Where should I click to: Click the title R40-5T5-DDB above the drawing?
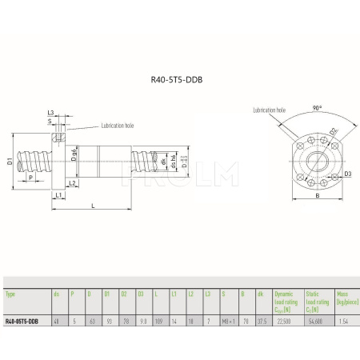[x=179, y=80]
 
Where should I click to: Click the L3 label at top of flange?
[x=50, y=113]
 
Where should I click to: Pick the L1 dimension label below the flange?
[x=59, y=194]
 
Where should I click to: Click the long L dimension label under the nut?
[x=94, y=206]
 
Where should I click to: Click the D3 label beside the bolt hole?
[x=348, y=172]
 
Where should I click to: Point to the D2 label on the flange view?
[x=334, y=130]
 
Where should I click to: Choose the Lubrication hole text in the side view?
[x=119, y=126]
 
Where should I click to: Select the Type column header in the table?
[x=10, y=294]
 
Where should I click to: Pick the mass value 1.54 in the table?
[x=343, y=321]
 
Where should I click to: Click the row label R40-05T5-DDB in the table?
[x=22, y=321]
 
